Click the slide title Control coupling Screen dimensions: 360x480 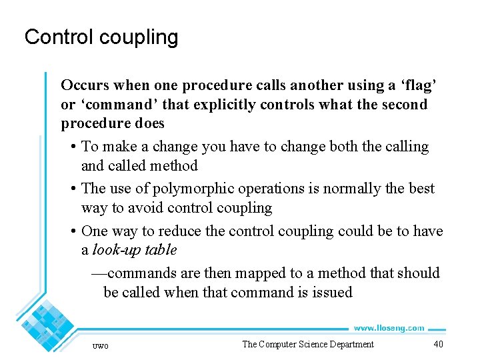pyautogui.click(x=101, y=37)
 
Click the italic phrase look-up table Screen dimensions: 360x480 pyautogui.click(x=134, y=250)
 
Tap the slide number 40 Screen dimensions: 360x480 pyautogui.click(x=438, y=344)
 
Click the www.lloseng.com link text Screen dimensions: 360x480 pyautogui.click(x=389, y=328)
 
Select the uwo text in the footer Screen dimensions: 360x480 pyautogui.click(x=100, y=345)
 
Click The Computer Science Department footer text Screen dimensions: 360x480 pyautogui.click(x=307, y=344)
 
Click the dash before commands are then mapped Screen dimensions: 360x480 pyautogui.click(x=98, y=273)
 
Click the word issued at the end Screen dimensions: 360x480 pyautogui.click(x=331, y=292)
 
